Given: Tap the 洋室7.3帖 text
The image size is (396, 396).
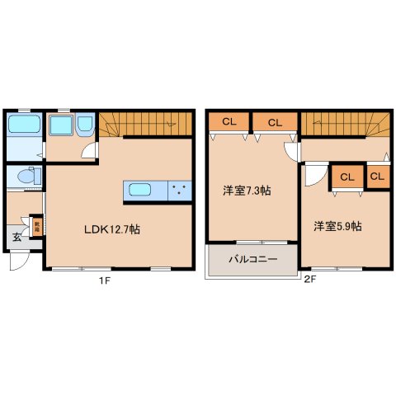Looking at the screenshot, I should click(247, 191).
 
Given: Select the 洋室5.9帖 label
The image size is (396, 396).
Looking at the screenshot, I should click(337, 225).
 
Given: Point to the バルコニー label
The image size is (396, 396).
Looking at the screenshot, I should click(252, 260).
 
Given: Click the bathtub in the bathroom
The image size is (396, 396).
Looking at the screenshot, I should click(24, 126).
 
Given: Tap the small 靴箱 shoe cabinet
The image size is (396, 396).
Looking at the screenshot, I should click(36, 226).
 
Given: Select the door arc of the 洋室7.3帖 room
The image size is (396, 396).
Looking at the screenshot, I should click(290, 152).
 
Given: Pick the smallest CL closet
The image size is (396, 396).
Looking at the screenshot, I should click(378, 176).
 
